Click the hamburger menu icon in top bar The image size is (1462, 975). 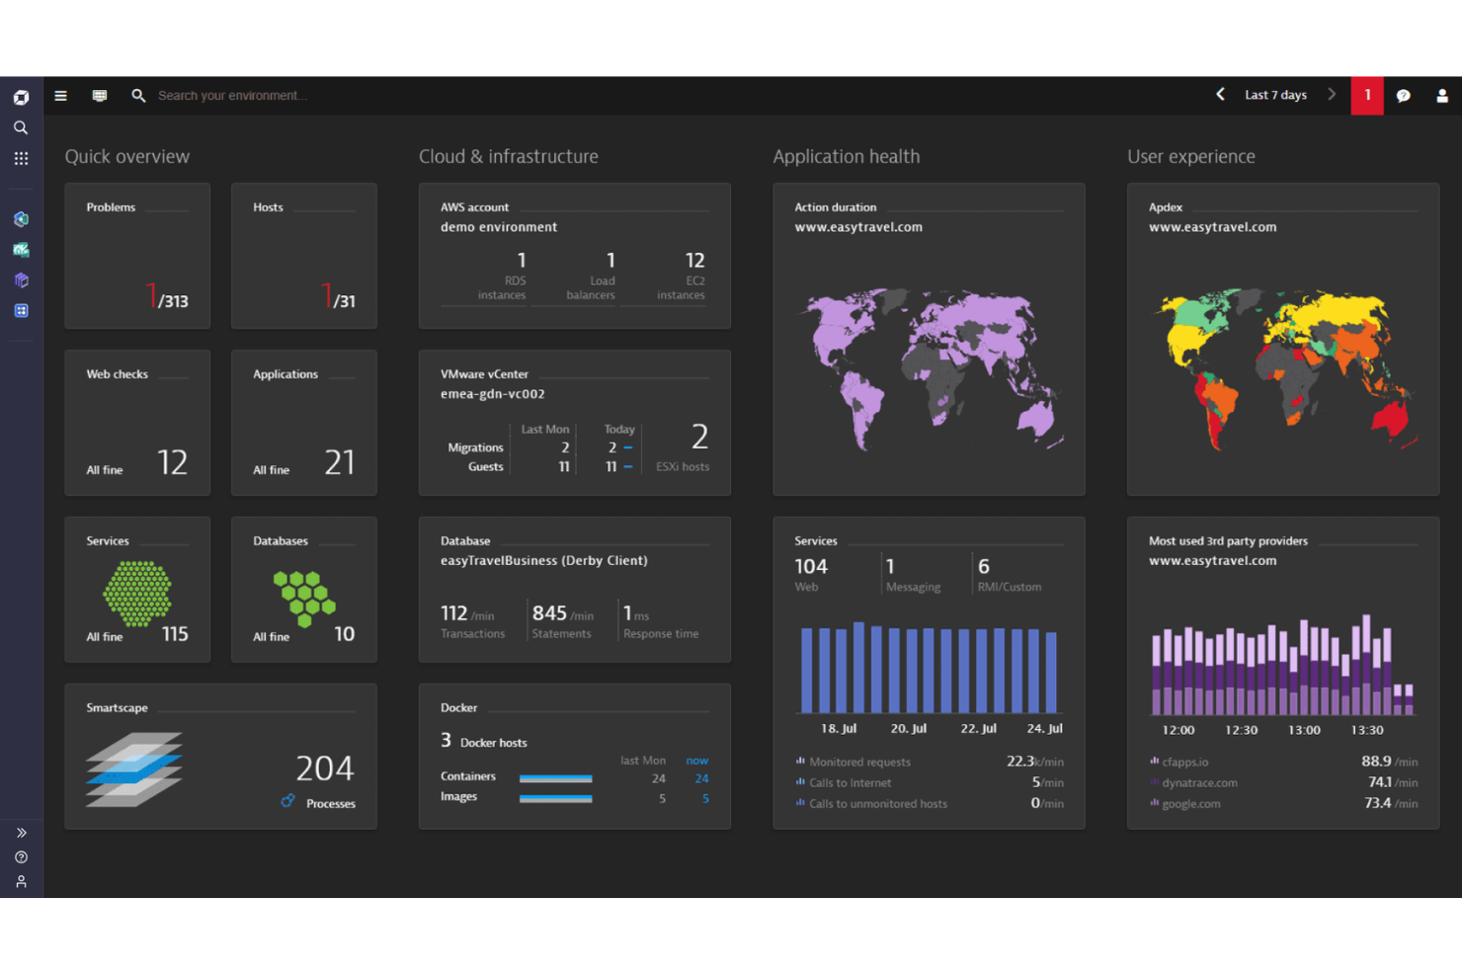(x=60, y=96)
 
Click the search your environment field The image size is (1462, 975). (x=232, y=96)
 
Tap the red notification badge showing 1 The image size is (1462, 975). (x=1367, y=96)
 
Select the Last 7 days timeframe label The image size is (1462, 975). (x=1275, y=96)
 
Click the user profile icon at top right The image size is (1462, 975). (x=1441, y=96)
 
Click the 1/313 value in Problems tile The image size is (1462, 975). (x=167, y=297)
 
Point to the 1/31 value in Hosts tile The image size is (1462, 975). (x=338, y=297)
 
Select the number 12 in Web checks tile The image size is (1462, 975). (x=172, y=462)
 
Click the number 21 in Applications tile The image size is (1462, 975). (x=339, y=462)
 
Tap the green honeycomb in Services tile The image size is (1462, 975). (x=137, y=594)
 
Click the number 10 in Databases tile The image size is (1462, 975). (x=344, y=634)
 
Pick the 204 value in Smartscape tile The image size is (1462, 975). (x=324, y=769)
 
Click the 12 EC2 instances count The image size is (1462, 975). (x=694, y=261)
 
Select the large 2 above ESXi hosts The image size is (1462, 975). (x=699, y=437)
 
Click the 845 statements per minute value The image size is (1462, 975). (x=549, y=613)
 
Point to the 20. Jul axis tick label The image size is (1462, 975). (x=908, y=729)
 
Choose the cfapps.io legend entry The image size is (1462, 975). (x=1184, y=762)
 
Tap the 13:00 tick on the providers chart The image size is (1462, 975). (x=1304, y=730)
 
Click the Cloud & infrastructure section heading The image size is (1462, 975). (x=508, y=157)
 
